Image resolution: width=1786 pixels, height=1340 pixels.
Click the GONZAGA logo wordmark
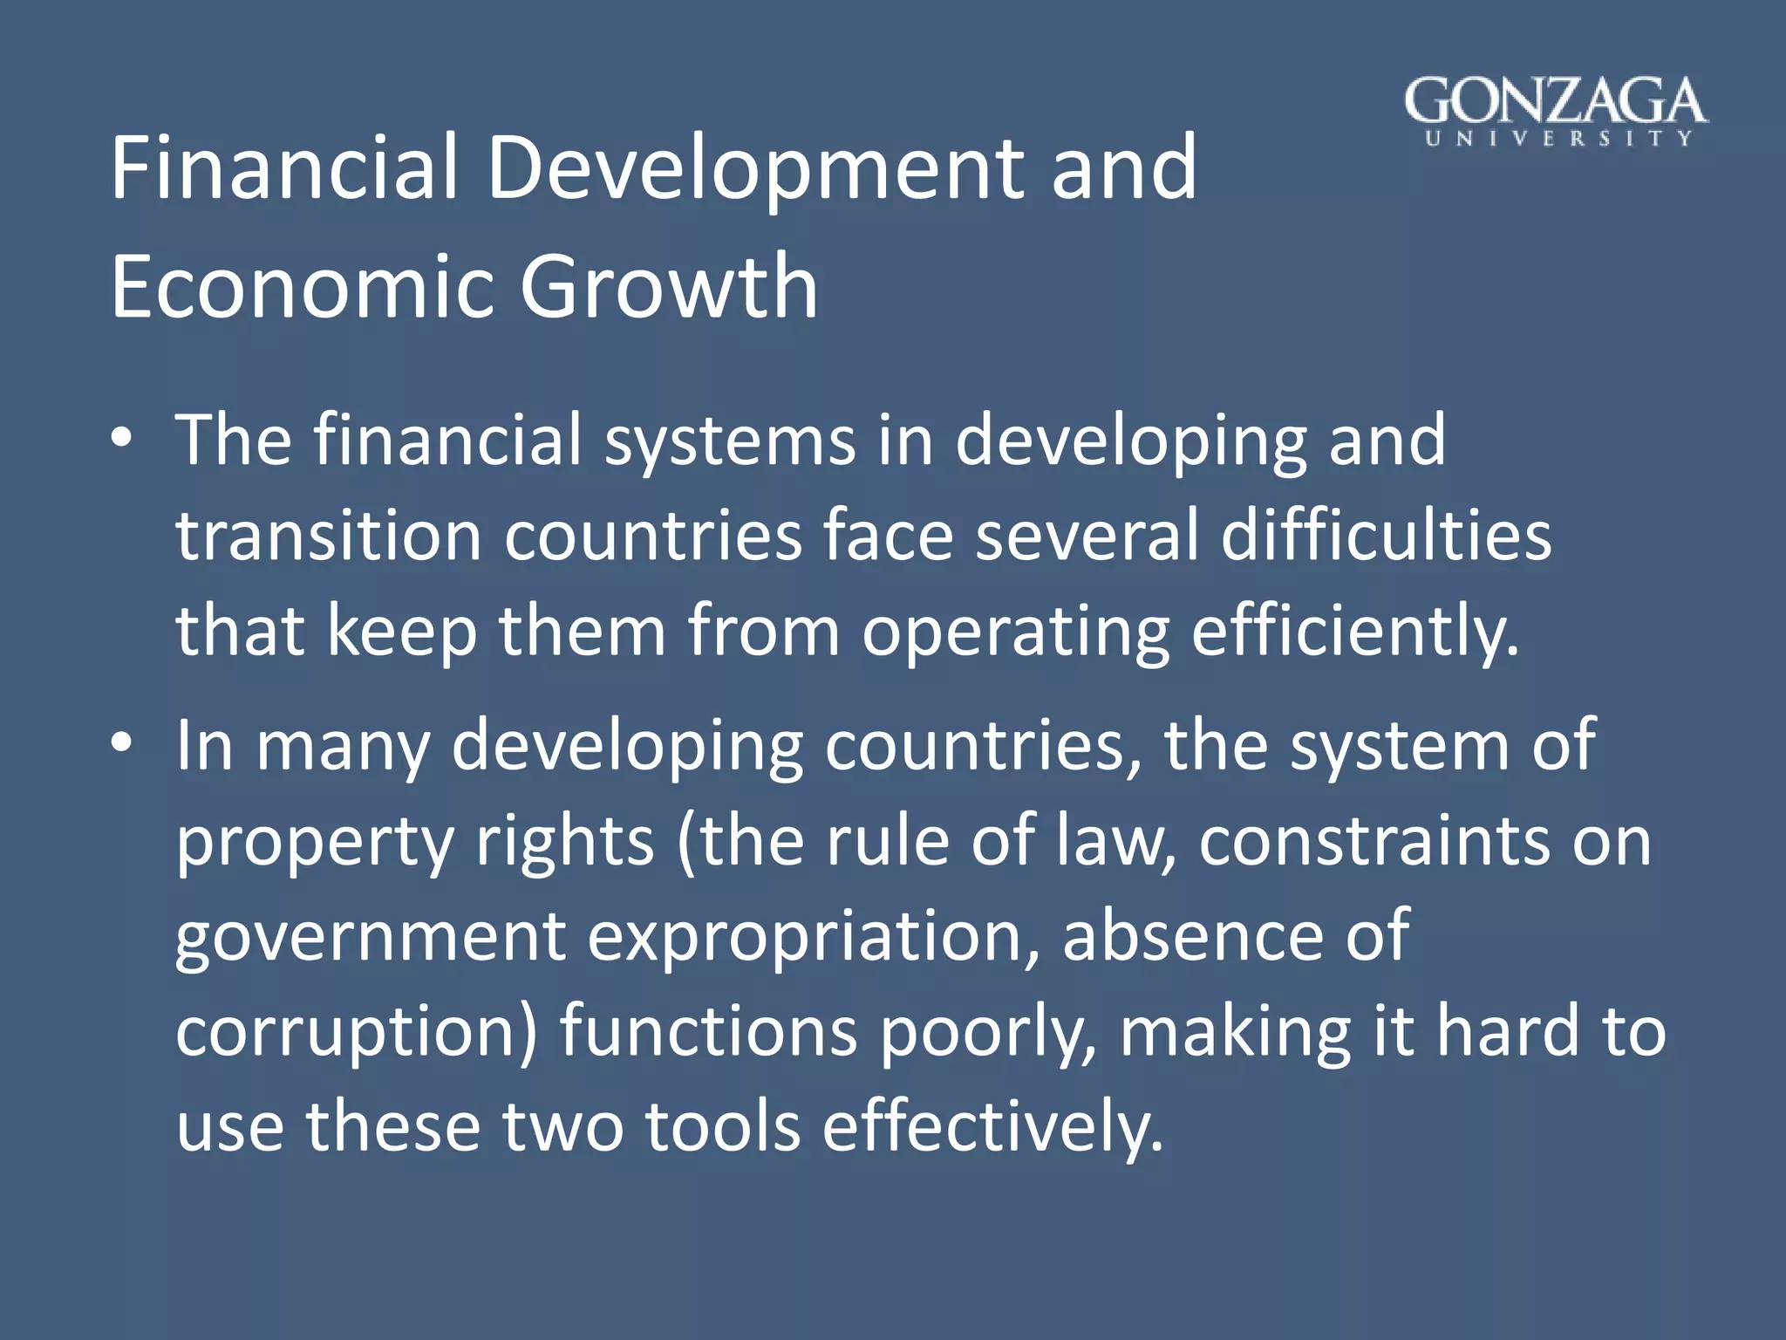point(1556,101)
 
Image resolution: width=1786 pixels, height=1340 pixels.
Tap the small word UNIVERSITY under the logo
point(1558,139)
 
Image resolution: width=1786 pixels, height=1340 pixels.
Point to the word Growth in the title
point(669,286)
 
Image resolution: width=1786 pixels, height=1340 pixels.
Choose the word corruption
point(355,1032)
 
